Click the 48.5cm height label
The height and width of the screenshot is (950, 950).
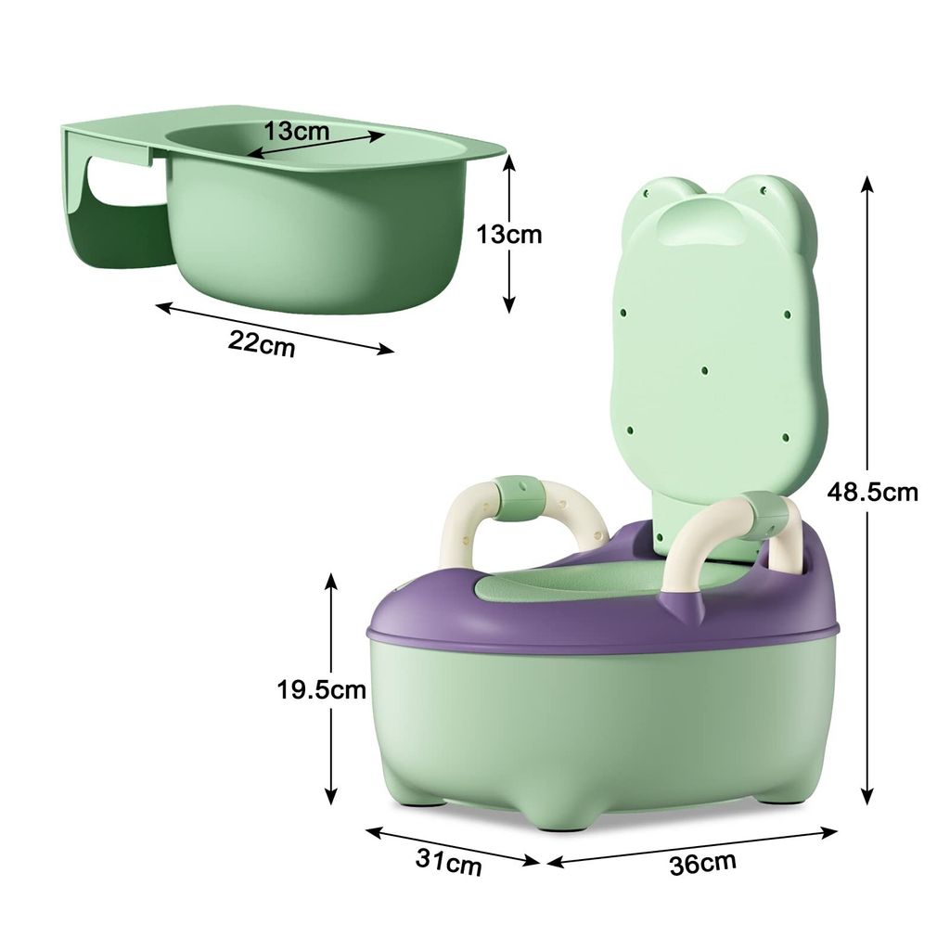click(872, 492)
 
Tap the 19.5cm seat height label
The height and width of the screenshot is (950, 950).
click(322, 689)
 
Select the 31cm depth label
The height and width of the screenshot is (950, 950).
click(449, 862)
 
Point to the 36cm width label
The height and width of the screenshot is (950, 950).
click(703, 863)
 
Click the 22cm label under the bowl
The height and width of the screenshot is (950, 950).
click(262, 343)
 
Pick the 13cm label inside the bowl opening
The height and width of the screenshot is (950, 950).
click(296, 130)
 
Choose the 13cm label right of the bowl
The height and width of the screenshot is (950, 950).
click(509, 234)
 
